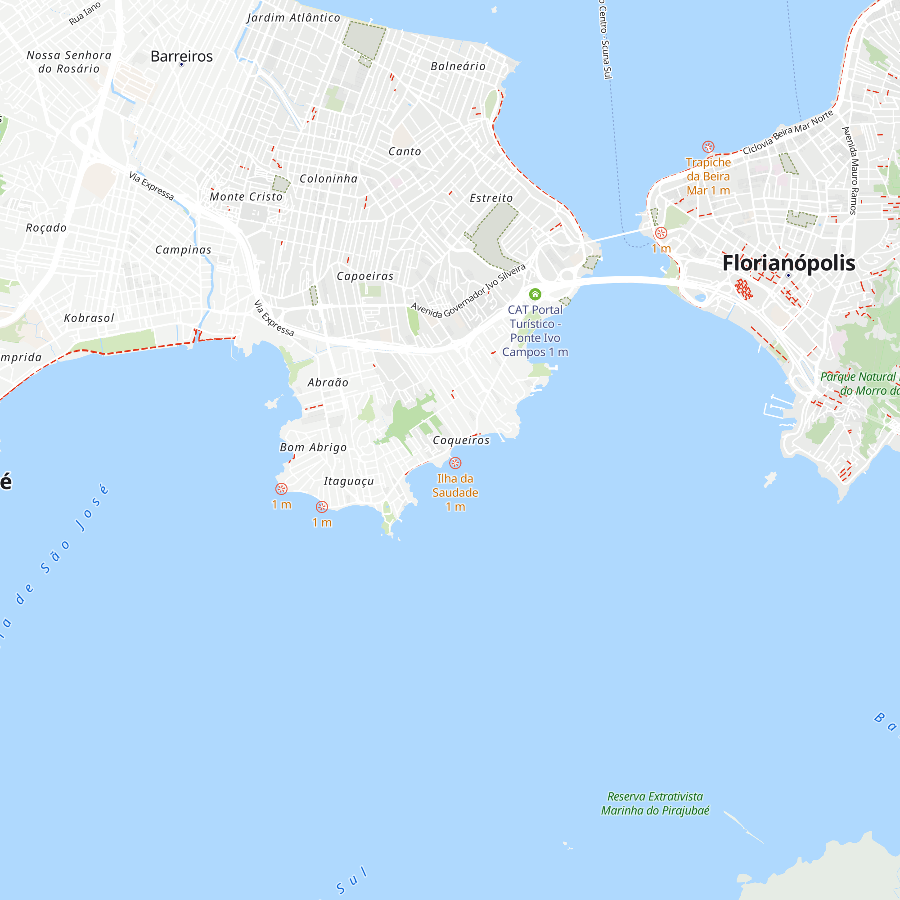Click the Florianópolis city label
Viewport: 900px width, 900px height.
pyautogui.click(x=788, y=263)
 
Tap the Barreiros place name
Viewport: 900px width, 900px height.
pyautogui.click(x=182, y=56)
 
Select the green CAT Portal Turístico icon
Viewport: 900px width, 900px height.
pyautogui.click(x=535, y=294)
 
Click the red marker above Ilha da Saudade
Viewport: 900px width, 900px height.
pyautogui.click(x=455, y=463)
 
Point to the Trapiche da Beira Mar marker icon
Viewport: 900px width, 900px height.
pyautogui.click(x=708, y=147)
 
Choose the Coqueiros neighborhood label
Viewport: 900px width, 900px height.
pyautogui.click(x=461, y=440)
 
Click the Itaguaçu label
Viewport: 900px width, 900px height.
pyautogui.click(x=349, y=481)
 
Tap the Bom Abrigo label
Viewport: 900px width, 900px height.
pyautogui.click(x=313, y=447)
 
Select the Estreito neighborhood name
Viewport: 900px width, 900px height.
pyautogui.click(x=491, y=198)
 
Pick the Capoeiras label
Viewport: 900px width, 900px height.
pyautogui.click(x=365, y=276)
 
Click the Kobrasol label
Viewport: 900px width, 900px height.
pyautogui.click(x=89, y=318)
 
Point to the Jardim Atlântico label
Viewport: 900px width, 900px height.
pyautogui.click(x=293, y=18)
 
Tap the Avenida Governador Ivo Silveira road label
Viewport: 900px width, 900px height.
pyautogui.click(x=468, y=291)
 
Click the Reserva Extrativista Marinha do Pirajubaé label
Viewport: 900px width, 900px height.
pyautogui.click(x=655, y=804)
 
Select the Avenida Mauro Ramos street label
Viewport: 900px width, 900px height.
pyautogui.click(x=852, y=171)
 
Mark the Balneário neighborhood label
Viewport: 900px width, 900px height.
pyautogui.click(x=458, y=66)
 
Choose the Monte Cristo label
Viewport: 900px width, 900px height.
pyautogui.click(x=246, y=197)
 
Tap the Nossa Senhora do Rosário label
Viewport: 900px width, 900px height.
pyautogui.click(x=69, y=62)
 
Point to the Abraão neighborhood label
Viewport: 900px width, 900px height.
pyautogui.click(x=328, y=382)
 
